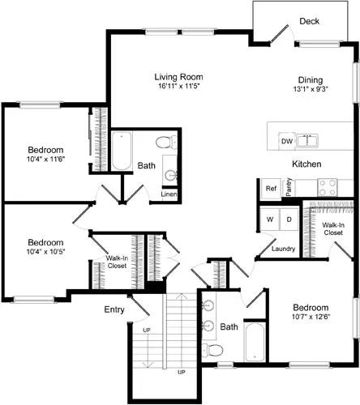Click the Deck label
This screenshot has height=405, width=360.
tap(309, 22)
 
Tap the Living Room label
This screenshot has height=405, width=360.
tap(178, 78)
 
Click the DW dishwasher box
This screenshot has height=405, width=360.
tap(286, 141)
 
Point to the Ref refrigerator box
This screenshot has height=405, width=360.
tap(271, 188)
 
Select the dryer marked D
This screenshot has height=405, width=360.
tap(288, 220)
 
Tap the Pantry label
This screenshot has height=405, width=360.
tap(289, 188)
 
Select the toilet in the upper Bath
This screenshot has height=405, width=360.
tap(165, 143)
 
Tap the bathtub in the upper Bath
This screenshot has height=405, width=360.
tap(122, 151)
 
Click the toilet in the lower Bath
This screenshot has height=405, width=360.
tap(213, 350)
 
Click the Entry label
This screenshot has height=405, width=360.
tap(114, 309)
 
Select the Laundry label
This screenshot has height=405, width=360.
tap(283, 248)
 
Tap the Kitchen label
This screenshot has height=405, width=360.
tap(307, 164)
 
